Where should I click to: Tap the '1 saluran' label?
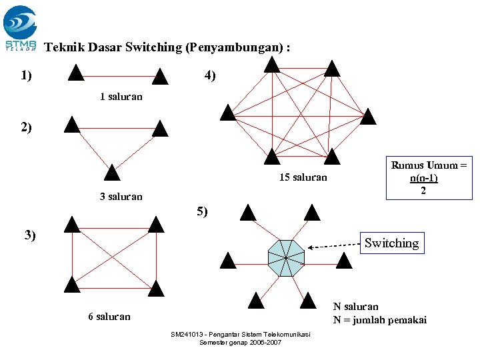coord(121,97)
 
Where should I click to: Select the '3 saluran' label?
coord(121,197)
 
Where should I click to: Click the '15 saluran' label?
coord(303,177)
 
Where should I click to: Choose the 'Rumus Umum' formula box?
coord(428,178)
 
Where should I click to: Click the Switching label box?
coord(391,243)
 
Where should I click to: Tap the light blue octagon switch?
coord(285,257)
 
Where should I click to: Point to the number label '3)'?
coord(30,235)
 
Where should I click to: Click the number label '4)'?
coord(210,76)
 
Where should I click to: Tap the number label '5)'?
coord(202,212)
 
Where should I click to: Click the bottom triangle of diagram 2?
coord(113,173)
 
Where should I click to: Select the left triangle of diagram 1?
coord(76,72)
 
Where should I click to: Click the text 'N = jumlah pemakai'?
coord(379,319)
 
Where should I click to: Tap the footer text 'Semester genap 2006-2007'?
coord(240,343)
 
